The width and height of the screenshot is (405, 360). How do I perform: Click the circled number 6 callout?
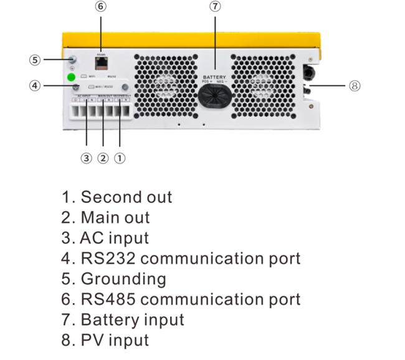pyautogui.click(x=100, y=7)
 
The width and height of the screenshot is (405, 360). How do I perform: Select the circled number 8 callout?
pyautogui.click(x=355, y=85)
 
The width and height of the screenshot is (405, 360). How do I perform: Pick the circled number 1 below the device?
pyautogui.click(x=120, y=158)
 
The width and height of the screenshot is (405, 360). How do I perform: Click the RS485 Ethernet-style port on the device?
pyautogui.click(x=100, y=62)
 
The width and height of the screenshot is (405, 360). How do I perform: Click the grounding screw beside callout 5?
pyautogui.click(x=72, y=60)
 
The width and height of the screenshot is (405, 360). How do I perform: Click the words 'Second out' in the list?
pyautogui.click(x=126, y=197)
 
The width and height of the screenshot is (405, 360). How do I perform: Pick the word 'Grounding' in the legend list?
pyautogui.click(x=123, y=278)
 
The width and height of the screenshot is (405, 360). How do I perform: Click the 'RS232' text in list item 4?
pyautogui.click(x=107, y=258)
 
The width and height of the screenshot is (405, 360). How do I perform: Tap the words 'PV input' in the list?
pyautogui.click(x=115, y=339)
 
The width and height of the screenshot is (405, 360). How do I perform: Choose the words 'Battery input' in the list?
pyautogui.click(x=132, y=320)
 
